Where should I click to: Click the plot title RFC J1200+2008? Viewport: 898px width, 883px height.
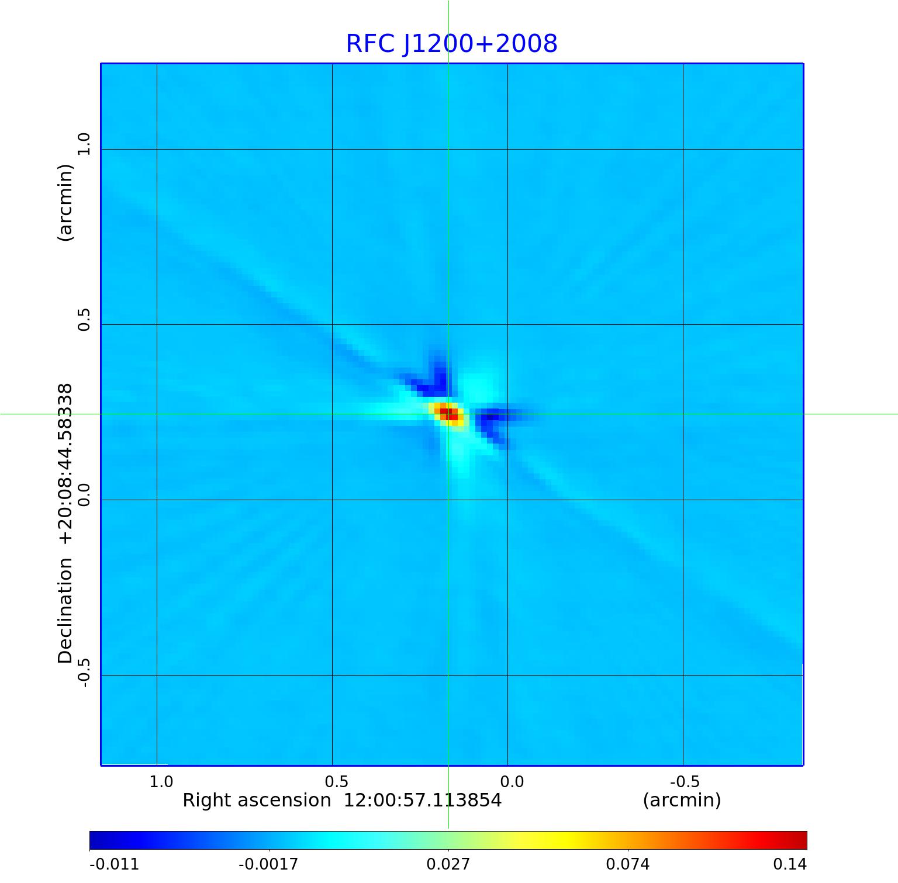pyautogui.click(x=451, y=44)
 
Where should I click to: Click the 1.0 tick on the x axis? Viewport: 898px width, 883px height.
pyautogui.click(x=161, y=782)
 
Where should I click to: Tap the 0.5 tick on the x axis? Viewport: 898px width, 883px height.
pyautogui.click(x=337, y=782)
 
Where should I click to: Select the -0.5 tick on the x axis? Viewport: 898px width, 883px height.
pyautogui.click(x=685, y=782)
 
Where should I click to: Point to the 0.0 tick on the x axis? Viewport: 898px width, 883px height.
pyautogui.click(x=512, y=782)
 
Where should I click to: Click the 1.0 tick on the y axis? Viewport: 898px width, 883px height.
pyautogui.click(x=85, y=144)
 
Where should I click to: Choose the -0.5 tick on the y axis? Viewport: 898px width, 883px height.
pyautogui.click(x=85, y=672)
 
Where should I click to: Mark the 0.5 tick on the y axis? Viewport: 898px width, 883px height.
pyautogui.click(x=85, y=319)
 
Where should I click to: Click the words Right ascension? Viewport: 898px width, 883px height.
pyautogui.click(x=257, y=800)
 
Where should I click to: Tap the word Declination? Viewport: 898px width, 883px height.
pyautogui.click(x=65, y=611)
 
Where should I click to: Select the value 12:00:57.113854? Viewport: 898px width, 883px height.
pyautogui.click(x=422, y=800)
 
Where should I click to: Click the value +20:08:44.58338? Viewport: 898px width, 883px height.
pyautogui.click(x=65, y=465)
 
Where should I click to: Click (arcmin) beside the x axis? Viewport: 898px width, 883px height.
pyautogui.click(x=682, y=800)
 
